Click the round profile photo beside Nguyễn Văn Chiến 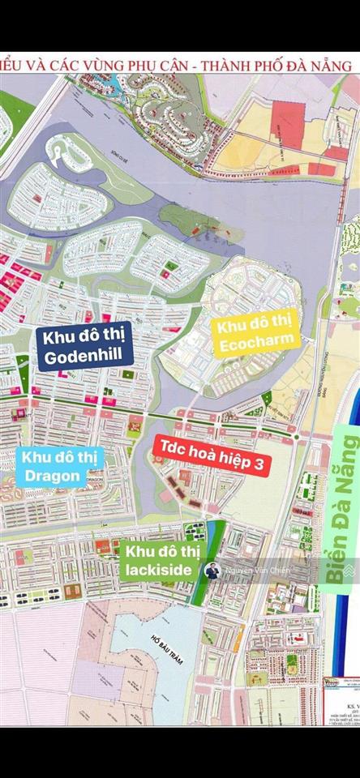click(x=213, y=571)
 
